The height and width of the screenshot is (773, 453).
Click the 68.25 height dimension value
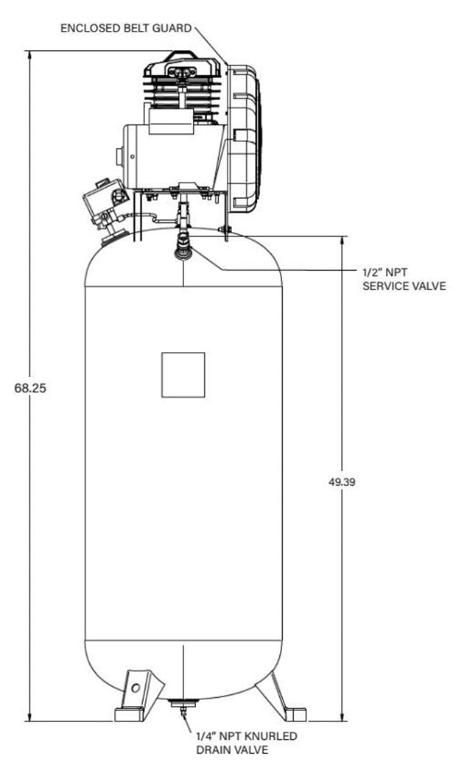(30, 387)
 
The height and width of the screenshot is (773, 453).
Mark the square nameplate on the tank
(183, 375)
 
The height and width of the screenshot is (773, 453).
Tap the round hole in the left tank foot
(136, 688)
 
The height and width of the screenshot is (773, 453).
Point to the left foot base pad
(133, 713)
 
